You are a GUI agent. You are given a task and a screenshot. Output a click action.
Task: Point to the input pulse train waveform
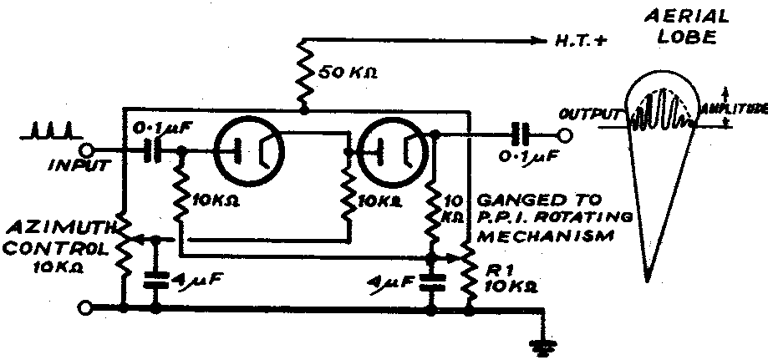click(54, 131)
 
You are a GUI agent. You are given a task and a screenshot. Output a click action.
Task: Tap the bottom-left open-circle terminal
click(84, 309)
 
